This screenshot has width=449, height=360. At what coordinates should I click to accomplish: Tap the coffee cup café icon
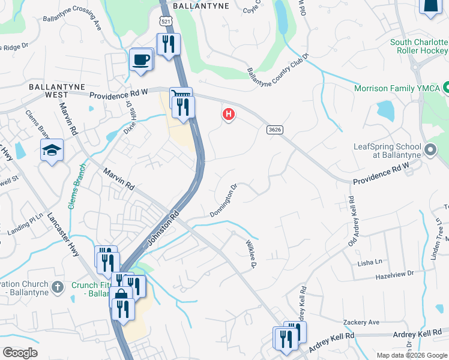point(141,60)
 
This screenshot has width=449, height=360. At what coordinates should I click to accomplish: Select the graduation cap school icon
point(52,150)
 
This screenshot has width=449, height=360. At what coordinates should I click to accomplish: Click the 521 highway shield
point(164,22)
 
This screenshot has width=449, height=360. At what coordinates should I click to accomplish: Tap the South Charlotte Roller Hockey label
point(419,47)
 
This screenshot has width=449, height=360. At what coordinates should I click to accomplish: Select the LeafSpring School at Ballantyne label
point(393,151)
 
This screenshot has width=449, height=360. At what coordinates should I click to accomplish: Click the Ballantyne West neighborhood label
point(56,91)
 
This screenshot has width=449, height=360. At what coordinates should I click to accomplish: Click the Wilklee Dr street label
point(251,254)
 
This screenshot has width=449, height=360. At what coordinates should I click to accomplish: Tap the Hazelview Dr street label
point(394,274)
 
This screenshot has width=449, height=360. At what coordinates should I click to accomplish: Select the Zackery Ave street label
point(361,322)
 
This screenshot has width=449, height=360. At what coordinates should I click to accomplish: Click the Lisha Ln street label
point(370,262)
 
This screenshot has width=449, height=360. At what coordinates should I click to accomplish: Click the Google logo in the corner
point(20,353)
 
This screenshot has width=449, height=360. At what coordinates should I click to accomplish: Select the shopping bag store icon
point(121,296)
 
